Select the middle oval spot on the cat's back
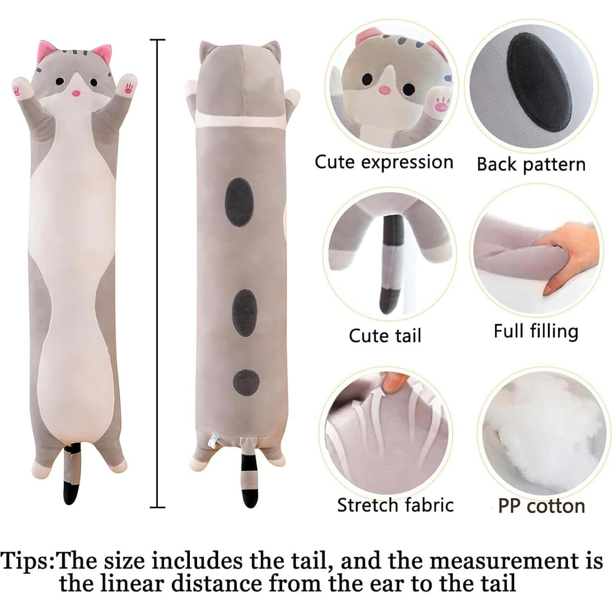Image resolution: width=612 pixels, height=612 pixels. (x=245, y=313)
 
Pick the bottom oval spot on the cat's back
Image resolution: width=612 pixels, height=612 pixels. (x=247, y=382)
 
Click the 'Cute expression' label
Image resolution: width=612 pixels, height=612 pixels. (x=384, y=162)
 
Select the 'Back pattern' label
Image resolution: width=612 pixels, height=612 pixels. (x=531, y=164)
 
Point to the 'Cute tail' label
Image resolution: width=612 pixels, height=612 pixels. (x=385, y=336)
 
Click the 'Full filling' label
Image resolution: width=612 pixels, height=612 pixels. (x=536, y=331)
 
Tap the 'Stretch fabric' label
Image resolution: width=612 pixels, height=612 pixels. (x=395, y=505)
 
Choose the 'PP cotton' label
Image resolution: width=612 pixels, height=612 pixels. (x=541, y=506)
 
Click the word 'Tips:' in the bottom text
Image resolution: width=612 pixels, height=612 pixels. (x=28, y=561)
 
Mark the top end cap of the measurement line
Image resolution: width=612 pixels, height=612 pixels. (x=157, y=40)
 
